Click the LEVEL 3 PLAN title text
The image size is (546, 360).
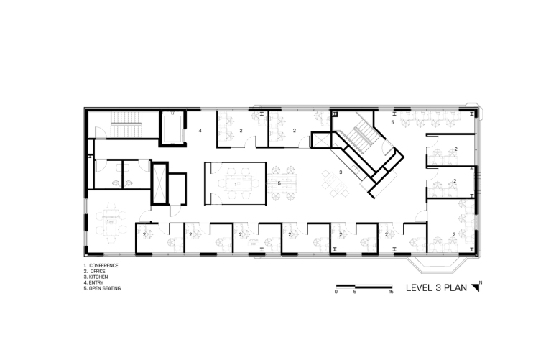436,287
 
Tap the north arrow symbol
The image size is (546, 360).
476,287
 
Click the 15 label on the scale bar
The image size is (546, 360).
391,292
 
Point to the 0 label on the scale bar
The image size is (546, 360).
336,292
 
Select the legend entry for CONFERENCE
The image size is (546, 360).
101,265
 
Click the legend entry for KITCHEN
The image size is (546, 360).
96,277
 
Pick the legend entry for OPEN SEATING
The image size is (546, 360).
102,288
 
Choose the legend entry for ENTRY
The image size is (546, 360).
93,282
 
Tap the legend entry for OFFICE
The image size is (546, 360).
94,271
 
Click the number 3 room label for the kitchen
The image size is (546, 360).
341,172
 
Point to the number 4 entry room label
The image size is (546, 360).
200,131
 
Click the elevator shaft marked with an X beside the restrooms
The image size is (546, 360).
159,183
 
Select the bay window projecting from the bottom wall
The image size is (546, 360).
432,265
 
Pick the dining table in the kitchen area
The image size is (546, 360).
335,183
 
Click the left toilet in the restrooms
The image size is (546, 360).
116,182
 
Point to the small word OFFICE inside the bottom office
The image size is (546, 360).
253,240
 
